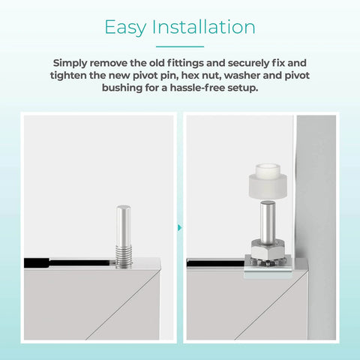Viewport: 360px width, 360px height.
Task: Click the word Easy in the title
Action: pyautogui.click(x=126, y=28)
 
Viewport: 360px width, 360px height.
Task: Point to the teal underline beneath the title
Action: pyautogui.click(x=180, y=46)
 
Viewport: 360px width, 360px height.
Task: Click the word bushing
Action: pyautogui.click(x=121, y=88)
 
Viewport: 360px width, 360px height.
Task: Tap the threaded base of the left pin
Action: pyautogui.click(x=124, y=252)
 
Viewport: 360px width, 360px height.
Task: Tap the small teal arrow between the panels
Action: pyautogui.click(x=180, y=226)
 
